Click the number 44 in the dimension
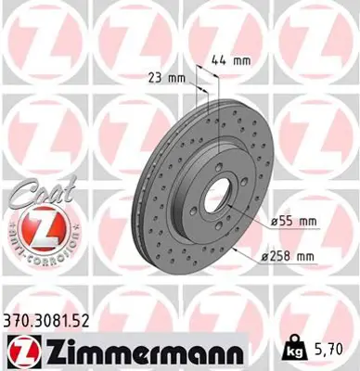pyautogui.click(x=219, y=60)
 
